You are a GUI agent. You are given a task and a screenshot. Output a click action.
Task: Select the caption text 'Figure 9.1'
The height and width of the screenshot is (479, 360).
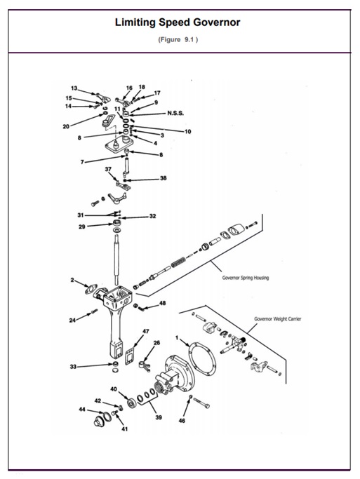(179, 40)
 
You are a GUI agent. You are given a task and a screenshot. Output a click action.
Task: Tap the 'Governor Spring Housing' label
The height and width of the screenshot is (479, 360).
(245, 277)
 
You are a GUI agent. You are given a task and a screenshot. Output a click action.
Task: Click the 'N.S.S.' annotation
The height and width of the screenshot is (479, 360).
(176, 113)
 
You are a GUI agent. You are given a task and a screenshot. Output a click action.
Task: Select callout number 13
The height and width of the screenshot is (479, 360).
(74, 89)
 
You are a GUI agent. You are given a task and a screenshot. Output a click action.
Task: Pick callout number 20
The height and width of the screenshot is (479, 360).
(65, 127)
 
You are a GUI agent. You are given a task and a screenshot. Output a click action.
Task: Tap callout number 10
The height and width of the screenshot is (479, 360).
(187, 131)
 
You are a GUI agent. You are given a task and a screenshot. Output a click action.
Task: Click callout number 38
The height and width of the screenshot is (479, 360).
(163, 178)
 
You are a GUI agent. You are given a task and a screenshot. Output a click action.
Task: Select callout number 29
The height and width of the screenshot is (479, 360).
(81, 227)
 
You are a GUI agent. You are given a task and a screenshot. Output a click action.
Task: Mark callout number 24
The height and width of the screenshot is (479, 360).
(72, 321)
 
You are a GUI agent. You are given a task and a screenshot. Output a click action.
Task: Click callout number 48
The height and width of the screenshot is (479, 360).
(162, 304)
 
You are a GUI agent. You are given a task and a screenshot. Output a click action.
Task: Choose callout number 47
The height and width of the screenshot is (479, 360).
(146, 331)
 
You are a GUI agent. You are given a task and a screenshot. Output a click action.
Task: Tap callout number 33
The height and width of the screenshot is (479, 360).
(73, 366)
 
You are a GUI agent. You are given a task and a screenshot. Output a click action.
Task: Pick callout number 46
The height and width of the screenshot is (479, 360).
(182, 421)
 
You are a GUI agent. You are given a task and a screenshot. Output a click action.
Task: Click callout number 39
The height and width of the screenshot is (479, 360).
(158, 417)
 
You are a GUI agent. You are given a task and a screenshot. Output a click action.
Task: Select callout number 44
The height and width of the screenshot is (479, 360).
(82, 409)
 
